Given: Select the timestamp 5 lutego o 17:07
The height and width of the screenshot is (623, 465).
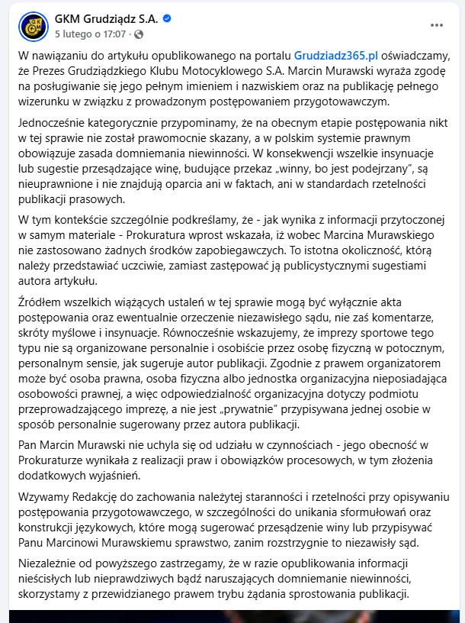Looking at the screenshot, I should [x=91, y=34].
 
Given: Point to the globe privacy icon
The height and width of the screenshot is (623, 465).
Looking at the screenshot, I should [x=138, y=34].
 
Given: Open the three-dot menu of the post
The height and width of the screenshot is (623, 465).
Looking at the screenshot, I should [x=436, y=25].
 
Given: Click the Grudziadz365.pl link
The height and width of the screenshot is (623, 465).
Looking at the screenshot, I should [x=336, y=55].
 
